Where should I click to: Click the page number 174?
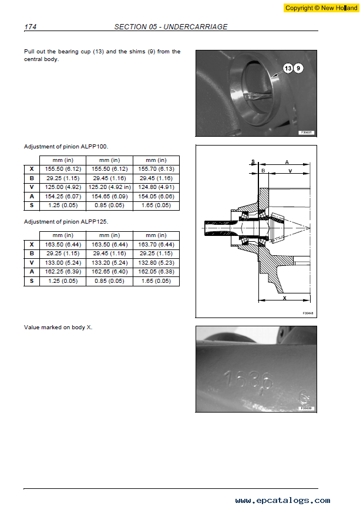coord(31,26)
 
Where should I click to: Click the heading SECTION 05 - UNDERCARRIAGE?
coord(171,26)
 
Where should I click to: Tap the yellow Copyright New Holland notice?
coord(321,8)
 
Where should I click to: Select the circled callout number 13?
coord(288,68)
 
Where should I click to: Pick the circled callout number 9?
coord(298,68)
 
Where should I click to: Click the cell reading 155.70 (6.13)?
coord(156,169)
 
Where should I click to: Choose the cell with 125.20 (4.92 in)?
coord(110,187)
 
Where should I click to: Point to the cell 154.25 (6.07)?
coord(63,197)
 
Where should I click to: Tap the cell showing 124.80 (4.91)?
coord(156,187)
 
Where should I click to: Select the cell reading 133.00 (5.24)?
coord(63,263)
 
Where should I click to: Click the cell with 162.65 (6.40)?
coord(110,272)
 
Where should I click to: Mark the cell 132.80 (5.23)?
coord(156,263)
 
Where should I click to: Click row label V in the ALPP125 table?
coord(32,263)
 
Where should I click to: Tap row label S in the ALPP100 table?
coord(32,205)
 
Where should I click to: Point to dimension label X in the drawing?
coord(284,298)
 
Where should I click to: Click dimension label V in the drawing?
coord(290,171)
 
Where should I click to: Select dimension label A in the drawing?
coord(287,162)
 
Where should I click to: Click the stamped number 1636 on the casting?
coord(248,380)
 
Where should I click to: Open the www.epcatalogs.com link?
coord(282,501)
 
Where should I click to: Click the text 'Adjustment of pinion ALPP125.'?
coord(66,222)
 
